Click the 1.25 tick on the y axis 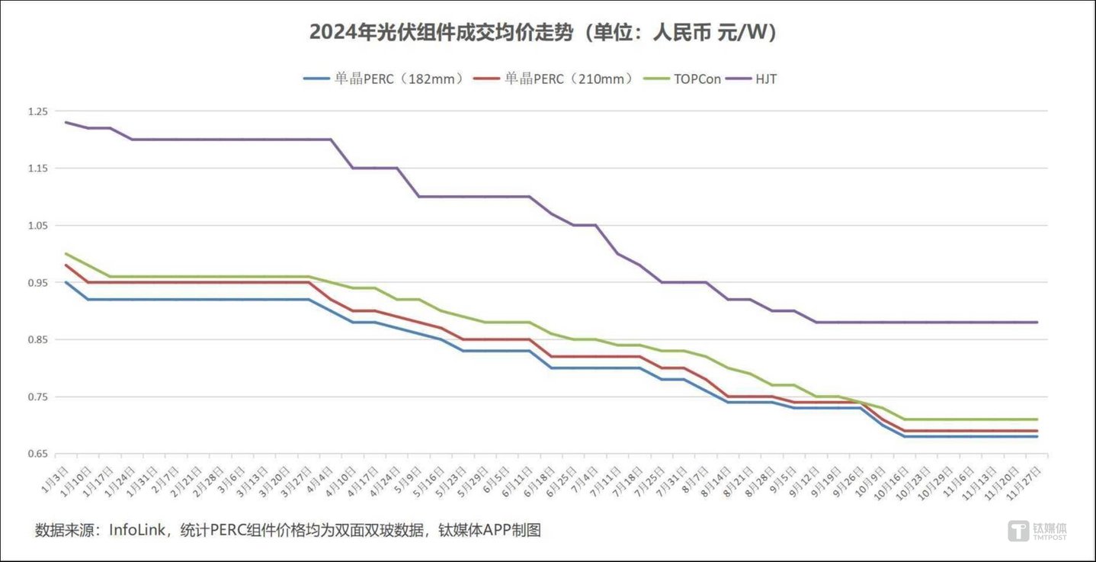click(37, 111)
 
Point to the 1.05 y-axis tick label click(37, 226)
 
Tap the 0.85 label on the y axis click(37, 340)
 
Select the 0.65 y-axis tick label click(37, 454)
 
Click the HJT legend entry click(765, 79)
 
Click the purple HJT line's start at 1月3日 click(66, 122)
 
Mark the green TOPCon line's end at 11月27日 click(1037, 419)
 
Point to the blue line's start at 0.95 click(66, 282)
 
